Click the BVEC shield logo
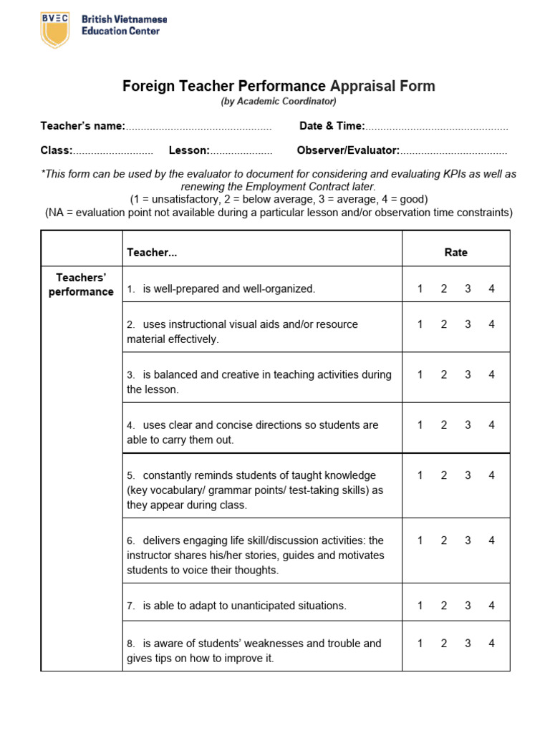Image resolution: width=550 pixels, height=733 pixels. click(x=55, y=29)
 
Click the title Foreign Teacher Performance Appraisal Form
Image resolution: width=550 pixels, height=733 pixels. click(x=279, y=87)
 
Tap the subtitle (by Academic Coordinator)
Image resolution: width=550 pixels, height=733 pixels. click(x=279, y=102)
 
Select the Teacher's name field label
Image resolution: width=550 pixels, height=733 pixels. click(x=82, y=126)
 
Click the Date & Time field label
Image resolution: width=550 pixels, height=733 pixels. click(x=332, y=126)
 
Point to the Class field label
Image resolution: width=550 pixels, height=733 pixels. click(x=57, y=150)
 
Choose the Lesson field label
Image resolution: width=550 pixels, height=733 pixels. click(x=189, y=150)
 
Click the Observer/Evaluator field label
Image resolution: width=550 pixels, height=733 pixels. click(x=348, y=150)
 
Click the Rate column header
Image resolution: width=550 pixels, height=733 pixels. click(x=455, y=252)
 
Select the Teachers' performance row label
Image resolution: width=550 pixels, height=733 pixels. click(x=81, y=284)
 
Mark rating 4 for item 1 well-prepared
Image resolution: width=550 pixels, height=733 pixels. click(x=491, y=288)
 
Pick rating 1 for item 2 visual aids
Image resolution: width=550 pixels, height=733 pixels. click(x=420, y=324)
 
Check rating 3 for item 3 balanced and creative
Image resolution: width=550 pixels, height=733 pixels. click(x=468, y=374)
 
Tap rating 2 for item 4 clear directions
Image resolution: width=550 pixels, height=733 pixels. click(x=444, y=424)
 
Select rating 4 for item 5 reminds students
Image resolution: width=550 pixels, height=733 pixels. click(x=491, y=475)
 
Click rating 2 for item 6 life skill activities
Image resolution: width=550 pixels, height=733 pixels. click(x=444, y=540)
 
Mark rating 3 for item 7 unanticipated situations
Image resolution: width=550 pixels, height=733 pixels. click(x=468, y=606)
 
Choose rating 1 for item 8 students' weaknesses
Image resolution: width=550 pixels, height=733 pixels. click(x=420, y=644)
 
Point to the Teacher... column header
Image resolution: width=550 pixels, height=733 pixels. click(x=152, y=252)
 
